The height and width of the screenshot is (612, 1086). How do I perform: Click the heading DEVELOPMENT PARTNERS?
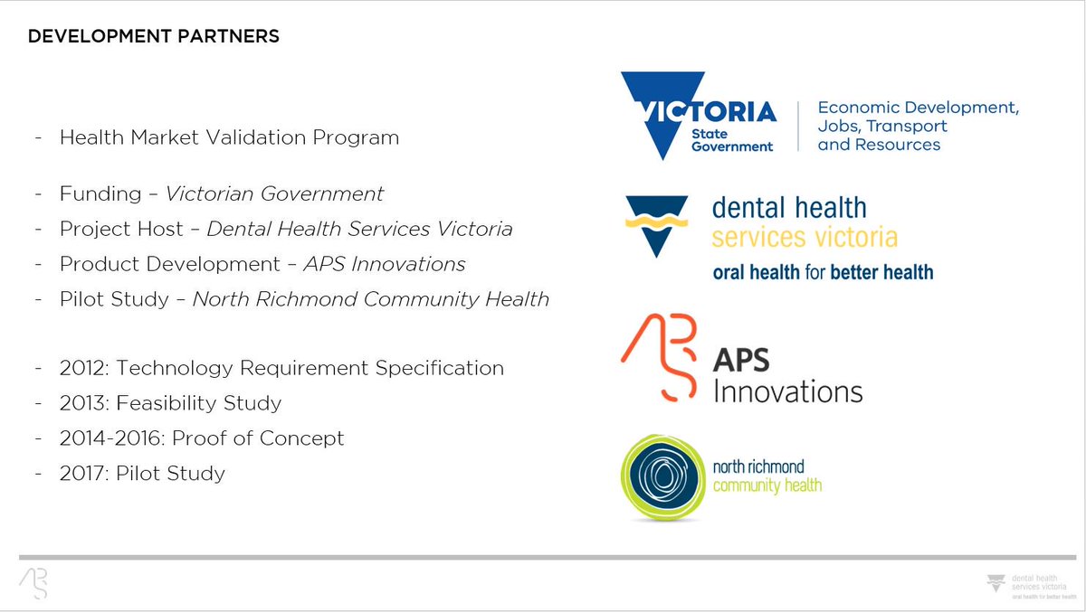click(x=153, y=37)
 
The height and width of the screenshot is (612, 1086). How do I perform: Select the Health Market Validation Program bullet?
click(x=229, y=138)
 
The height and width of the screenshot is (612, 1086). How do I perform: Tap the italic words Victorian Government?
click(x=274, y=193)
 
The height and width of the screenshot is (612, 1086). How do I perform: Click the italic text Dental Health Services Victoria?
click(x=359, y=229)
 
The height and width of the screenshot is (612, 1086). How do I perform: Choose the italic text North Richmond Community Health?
click(x=371, y=299)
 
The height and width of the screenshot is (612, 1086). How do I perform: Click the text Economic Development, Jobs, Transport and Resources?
click(x=918, y=126)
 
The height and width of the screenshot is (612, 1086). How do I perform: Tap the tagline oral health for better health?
click(x=823, y=271)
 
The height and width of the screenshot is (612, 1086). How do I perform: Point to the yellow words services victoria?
click(x=805, y=238)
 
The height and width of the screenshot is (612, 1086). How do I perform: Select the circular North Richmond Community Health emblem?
click(x=663, y=477)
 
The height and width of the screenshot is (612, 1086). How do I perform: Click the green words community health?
click(x=767, y=485)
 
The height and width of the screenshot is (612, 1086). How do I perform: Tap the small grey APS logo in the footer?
click(x=33, y=583)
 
